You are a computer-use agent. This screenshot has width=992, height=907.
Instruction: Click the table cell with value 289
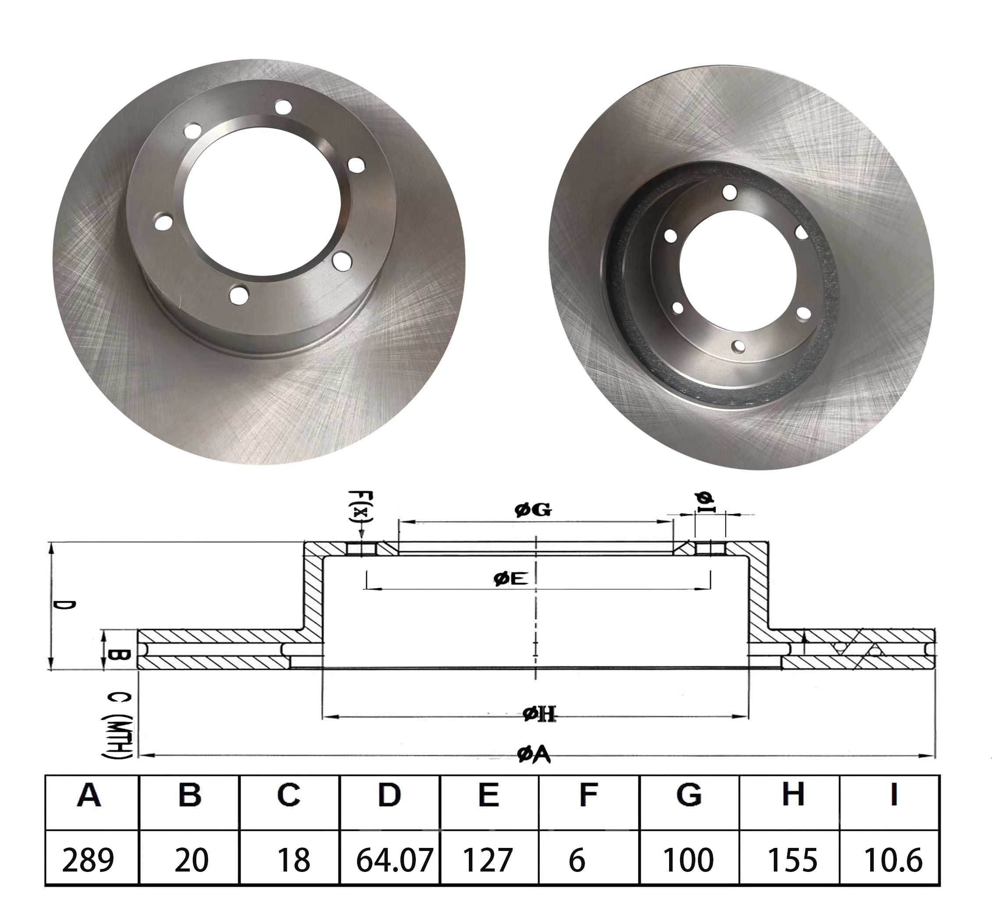[88, 859]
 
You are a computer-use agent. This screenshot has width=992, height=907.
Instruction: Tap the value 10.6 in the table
[893, 859]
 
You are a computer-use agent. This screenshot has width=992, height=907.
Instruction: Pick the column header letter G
[689, 795]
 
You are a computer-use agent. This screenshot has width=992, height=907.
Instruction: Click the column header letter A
[89, 795]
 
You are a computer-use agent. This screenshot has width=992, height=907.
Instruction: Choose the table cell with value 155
[792, 859]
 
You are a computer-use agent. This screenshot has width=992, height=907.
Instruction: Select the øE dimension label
[511, 579]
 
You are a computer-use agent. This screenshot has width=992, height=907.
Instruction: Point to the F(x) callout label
[361, 506]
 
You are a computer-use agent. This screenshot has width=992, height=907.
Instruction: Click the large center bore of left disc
[261, 201]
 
